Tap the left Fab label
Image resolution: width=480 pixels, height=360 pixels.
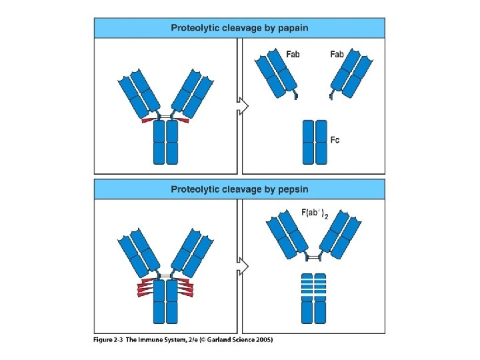click(x=293, y=54)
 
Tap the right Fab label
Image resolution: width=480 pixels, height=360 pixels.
click(x=337, y=54)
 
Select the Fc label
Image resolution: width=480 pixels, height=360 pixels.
click(x=335, y=139)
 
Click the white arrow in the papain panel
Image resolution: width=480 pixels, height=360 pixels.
click(x=243, y=105)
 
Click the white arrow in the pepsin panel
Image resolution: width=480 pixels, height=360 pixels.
click(x=243, y=266)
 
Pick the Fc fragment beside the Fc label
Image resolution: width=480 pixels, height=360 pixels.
click(x=315, y=142)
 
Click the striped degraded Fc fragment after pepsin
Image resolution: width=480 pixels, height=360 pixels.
click(x=314, y=297)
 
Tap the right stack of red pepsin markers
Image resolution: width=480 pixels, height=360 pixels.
click(x=187, y=287)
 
